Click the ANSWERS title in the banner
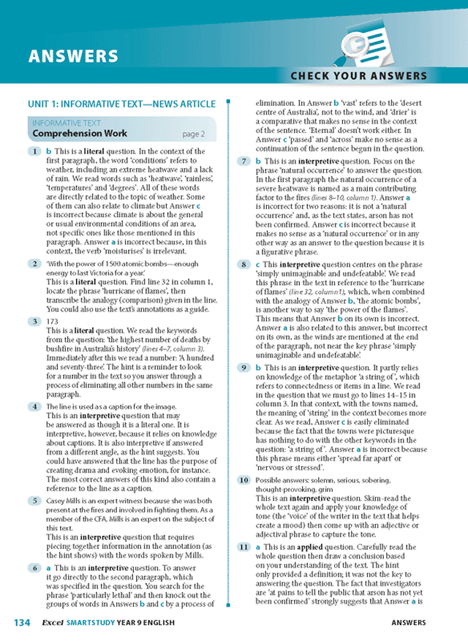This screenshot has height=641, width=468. click(72, 56)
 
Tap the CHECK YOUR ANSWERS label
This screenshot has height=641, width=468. click(358, 75)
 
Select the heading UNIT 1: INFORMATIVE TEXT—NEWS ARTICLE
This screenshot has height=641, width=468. click(121, 105)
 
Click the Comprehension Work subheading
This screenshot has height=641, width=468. click(80, 134)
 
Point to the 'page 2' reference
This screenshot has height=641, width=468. click(193, 134)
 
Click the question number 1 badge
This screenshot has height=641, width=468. click(34, 151)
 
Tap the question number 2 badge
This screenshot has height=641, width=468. click(34, 263)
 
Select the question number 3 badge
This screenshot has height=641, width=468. click(34, 320)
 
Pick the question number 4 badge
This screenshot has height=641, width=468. click(34, 406)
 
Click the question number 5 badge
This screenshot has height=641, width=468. click(34, 501)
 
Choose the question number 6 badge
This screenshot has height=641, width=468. click(34, 567)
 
